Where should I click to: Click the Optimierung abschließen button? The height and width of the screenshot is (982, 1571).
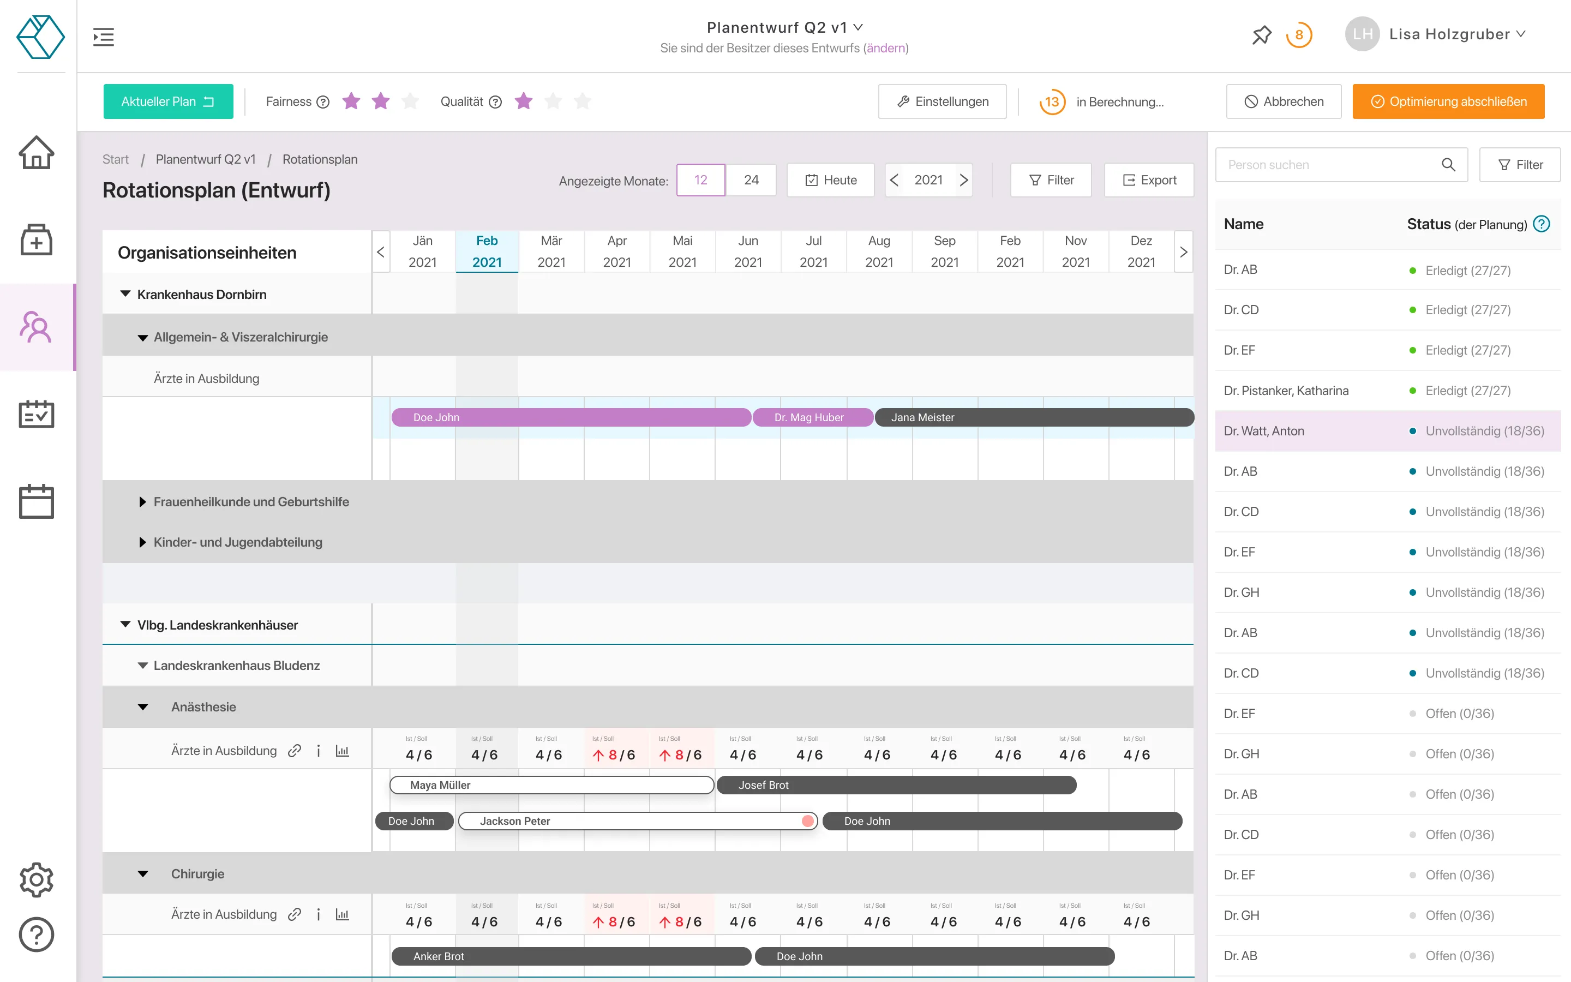pyautogui.click(x=1448, y=101)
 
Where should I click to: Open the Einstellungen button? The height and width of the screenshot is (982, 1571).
pyautogui.click(x=942, y=101)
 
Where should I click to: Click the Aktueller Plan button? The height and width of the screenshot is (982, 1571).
pyautogui.click(x=167, y=101)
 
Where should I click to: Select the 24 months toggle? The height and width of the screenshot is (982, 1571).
pyautogui.click(x=751, y=180)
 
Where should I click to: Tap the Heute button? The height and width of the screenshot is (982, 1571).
pyautogui.click(x=830, y=180)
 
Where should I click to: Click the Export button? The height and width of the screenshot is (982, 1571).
pyautogui.click(x=1148, y=180)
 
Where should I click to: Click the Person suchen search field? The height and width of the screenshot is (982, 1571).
pyautogui.click(x=1331, y=165)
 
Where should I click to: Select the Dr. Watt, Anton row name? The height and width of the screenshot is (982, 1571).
pyautogui.click(x=1263, y=430)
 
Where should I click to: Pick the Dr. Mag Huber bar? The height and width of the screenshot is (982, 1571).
pyautogui.click(x=812, y=417)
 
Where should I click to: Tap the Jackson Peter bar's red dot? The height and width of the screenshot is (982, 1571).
pyautogui.click(x=807, y=821)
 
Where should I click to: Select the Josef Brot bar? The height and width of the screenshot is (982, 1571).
pyautogui.click(x=896, y=785)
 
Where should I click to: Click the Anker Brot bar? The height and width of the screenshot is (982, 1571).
pyautogui.click(x=571, y=956)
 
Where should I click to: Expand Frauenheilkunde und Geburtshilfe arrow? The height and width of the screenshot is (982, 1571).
pyautogui.click(x=142, y=502)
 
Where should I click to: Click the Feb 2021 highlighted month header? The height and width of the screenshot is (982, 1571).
pyautogui.click(x=487, y=252)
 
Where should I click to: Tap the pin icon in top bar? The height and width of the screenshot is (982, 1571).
pyautogui.click(x=1261, y=34)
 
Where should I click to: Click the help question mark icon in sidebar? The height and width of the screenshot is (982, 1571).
pyautogui.click(x=37, y=935)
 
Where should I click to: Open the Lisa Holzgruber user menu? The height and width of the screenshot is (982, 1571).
pyautogui.click(x=1456, y=34)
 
